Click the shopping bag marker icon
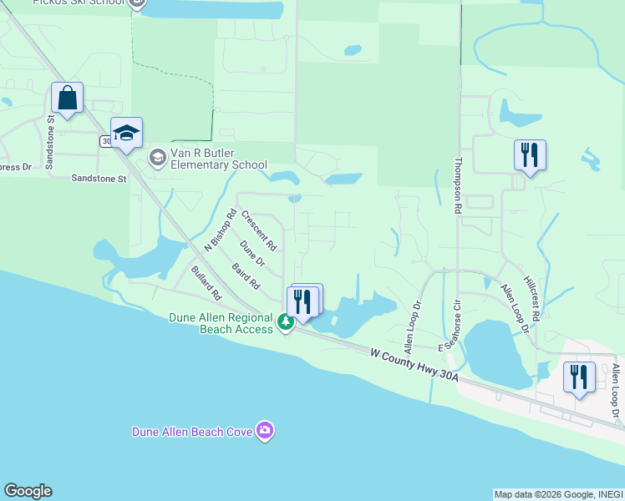[x=67, y=98]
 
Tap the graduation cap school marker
[x=126, y=134]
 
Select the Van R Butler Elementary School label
[x=218, y=159]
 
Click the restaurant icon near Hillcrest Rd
[x=530, y=154]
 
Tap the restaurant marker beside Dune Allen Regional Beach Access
[x=302, y=301]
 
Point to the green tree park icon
[x=286, y=321]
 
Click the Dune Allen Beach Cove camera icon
[x=265, y=431]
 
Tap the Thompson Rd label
[x=458, y=187]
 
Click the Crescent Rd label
[x=258, y=230]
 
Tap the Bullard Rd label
[x=205, y=284]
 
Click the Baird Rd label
[x=246, y=276]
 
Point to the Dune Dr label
[x=252, y=254]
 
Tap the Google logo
[x=28, y=491]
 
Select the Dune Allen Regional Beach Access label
[x=221, y=323]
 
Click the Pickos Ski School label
[x=80, y=3]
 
